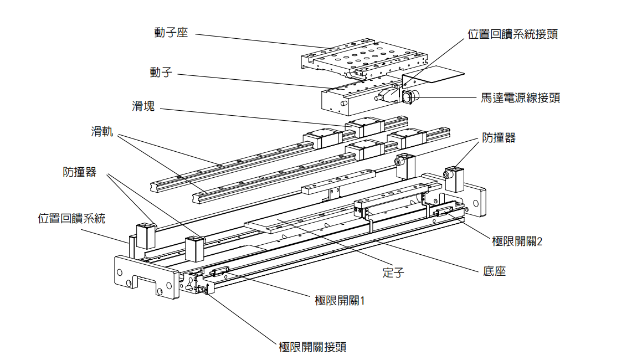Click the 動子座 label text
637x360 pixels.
click(x=171, y=33)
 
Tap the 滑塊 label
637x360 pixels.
click(x=143, y=106)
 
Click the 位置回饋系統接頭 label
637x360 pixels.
click(x=512, y=34)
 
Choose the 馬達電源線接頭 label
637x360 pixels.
click(x=520, y=98)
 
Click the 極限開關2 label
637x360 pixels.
click(x=517, y=241)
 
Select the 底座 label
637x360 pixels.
click(x=494, y=272)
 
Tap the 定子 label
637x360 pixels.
click(x=393, y=272)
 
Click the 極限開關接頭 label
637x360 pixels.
click(x=313, y=347)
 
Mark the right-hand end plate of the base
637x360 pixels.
click(x=475, y=199)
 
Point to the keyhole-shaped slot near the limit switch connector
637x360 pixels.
click(x=189, y=284)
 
